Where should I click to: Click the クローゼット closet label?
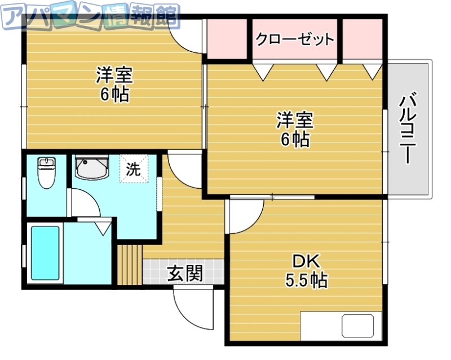295,39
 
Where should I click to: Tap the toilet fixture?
46,172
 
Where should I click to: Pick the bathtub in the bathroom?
45,253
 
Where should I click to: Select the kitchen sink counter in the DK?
344,327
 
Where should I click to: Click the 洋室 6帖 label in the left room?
114,84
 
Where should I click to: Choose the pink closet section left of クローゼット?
227,39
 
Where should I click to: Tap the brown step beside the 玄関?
130,265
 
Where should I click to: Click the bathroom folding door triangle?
104,228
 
